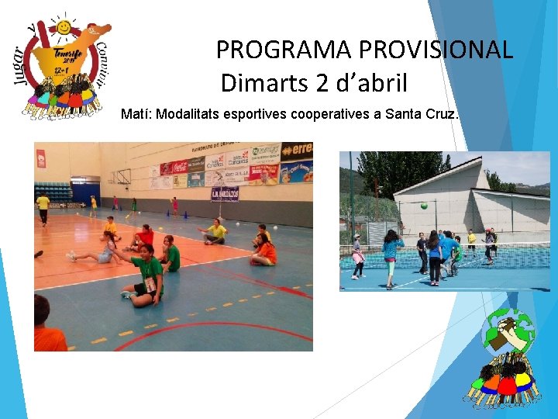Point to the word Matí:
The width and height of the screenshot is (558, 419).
(137, 115)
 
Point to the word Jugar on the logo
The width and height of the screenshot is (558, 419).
(22, 61)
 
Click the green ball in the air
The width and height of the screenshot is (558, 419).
(423, 206)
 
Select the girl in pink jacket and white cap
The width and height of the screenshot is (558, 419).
(358, 256)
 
